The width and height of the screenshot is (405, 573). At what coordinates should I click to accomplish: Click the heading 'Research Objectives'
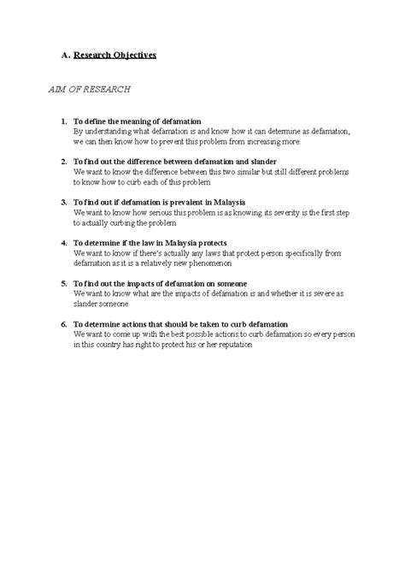(x=115, y=55)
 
